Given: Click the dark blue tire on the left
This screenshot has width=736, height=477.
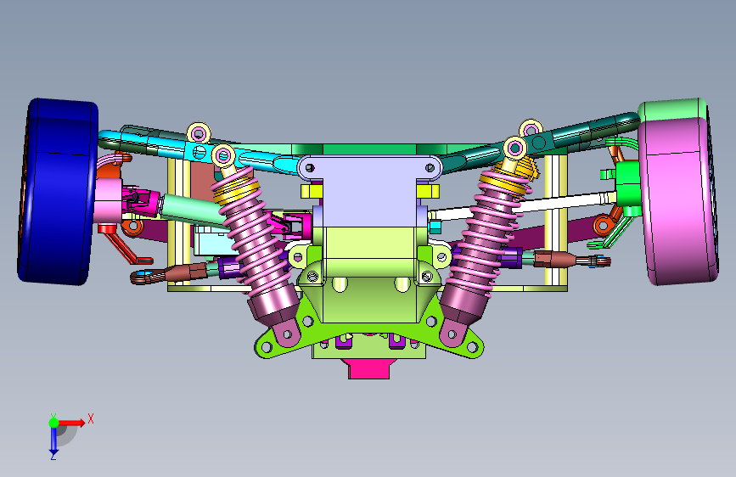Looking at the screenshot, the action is click(x=56, y=192).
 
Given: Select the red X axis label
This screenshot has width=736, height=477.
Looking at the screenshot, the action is click(x=91, y=418).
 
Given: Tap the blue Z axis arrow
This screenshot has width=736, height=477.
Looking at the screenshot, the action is click(x=53, y=441).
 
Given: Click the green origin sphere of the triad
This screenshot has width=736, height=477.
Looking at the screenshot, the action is click(x=54, y=423).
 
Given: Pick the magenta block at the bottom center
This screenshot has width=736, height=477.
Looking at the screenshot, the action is click(x=369, y=368).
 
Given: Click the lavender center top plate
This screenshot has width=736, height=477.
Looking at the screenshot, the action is click(x=369, y=188).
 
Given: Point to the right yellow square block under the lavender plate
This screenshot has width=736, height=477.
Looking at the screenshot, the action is click(x=428, y=191).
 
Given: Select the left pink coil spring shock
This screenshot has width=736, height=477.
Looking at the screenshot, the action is click(x=256, y=244).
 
